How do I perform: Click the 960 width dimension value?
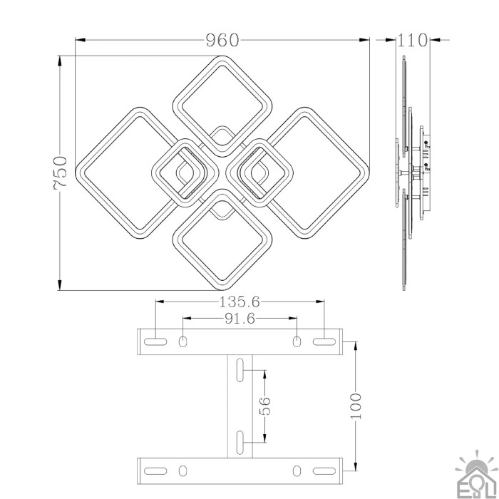click(222, 40)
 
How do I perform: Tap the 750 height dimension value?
click(60, 173)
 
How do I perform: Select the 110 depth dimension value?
click(413, 40)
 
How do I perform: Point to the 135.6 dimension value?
click(240, 302)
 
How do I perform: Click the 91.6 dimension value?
click(240, 318)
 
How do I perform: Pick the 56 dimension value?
click(265, 406)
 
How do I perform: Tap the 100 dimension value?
click(356, 406)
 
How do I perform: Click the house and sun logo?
click(476, 474)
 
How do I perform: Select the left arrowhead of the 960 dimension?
click(81, 40)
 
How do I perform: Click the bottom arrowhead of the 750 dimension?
click(60, 285)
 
